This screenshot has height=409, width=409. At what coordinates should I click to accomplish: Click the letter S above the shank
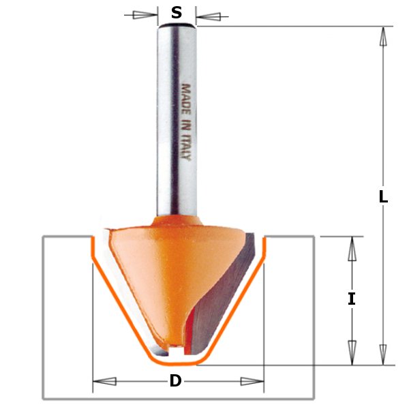177,13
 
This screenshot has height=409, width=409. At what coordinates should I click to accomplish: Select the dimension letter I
352,299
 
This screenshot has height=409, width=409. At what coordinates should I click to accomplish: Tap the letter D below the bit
176,382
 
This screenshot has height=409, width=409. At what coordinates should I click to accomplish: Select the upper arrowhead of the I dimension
352,248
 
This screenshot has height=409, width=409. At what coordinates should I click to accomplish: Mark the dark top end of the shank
177,26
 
